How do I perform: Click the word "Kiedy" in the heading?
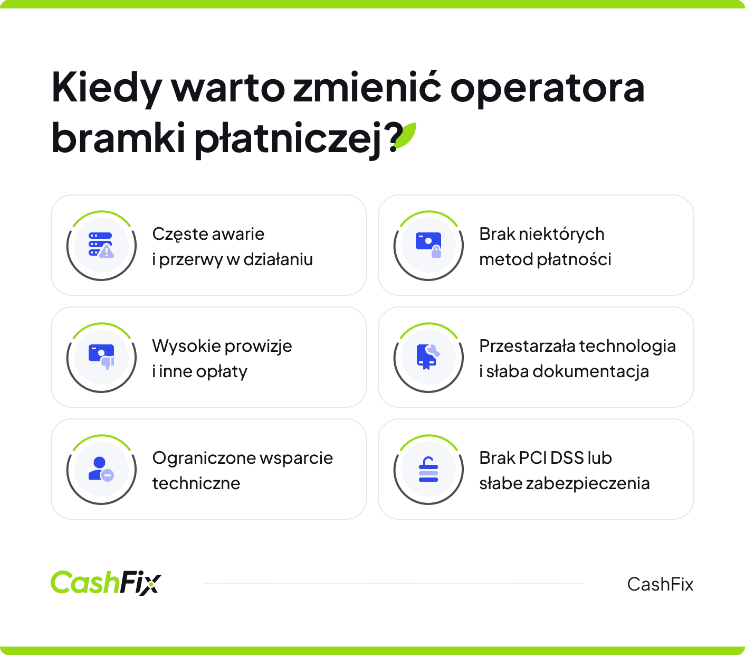105,89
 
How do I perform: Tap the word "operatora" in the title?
547,89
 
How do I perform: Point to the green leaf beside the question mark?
406,135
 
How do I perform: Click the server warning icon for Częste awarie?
101,246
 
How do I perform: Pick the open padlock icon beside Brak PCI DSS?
428,470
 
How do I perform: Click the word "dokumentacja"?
590,371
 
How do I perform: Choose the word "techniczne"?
196,483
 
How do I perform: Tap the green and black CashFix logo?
106,583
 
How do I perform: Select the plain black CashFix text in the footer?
660,584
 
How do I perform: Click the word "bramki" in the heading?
118,138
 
